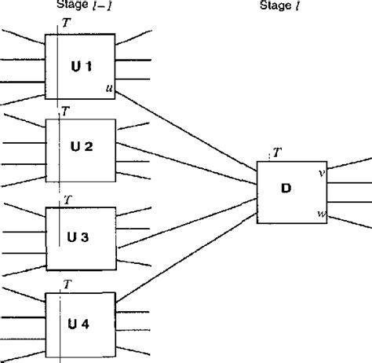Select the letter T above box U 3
pyautogui.click(x=69, y=200)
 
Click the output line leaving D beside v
pyautogui.click(x=349, y=164)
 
